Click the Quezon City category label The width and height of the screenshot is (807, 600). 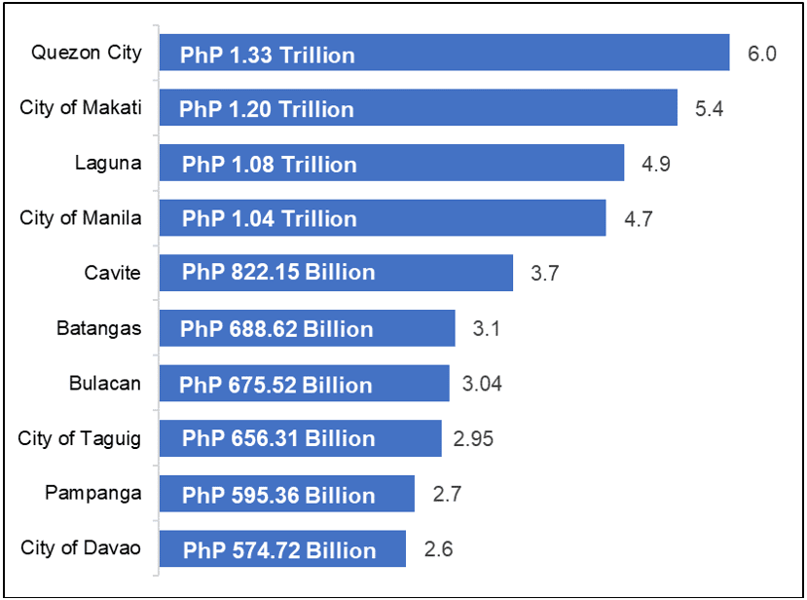click(x=86, y=53)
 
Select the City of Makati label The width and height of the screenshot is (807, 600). click(x=80, y=107)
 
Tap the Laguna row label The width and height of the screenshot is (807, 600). click(x=107, y=163)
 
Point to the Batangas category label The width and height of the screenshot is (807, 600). click(x=98, y=328)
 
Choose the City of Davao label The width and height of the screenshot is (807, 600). click(x=81, y=547)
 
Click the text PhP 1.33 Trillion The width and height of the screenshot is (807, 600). click(x=268, y=55)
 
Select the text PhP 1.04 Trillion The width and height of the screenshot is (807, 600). click(x=269, y=219)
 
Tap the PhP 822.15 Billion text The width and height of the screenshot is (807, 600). click(x=278, y=273)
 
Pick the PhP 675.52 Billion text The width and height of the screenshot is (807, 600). click(x=275, y=385)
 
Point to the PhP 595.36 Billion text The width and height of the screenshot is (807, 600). click(x=278, y=495)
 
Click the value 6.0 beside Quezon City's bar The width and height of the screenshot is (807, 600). click(x=761, y=54)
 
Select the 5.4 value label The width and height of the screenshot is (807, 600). click(x=709, y=108)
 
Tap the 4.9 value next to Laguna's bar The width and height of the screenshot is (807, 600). click(x=655, y=164)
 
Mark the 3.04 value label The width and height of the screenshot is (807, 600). click(x=482, y=384)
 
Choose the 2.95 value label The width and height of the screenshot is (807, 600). click(x=473, y=438)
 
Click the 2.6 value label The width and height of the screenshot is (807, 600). click(x=438, y=548)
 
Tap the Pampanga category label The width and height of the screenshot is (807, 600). click(x=92, y=493)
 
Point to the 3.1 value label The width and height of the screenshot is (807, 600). click(x=486, y=329)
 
